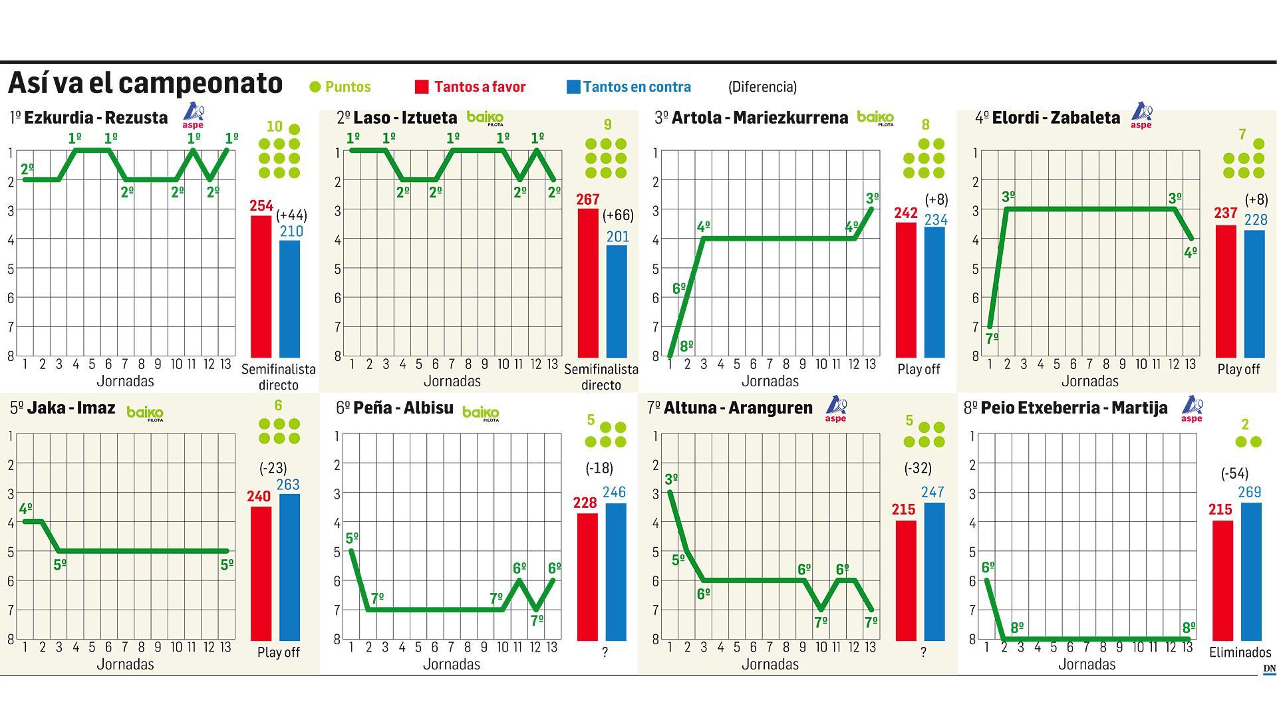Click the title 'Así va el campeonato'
[145, 84]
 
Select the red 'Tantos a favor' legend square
[422, 86]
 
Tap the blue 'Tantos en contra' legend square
[573, 86]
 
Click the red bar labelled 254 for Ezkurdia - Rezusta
[261, 287]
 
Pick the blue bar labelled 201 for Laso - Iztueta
[617, 301]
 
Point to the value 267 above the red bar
[588, 199]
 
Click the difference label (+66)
[618, 215]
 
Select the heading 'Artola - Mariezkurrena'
[760, 118]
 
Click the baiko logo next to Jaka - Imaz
[145, 413]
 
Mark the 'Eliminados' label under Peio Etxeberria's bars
[1240, 652]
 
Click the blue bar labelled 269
[1251, 571]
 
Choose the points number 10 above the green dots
[274, 126]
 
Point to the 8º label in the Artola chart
[687, 346]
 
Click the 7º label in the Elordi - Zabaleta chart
[992, 338]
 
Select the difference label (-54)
[1234, 474]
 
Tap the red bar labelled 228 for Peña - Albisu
[587, 576]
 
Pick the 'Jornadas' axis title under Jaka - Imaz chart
[125, 664]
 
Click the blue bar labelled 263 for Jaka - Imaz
[289, 567]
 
